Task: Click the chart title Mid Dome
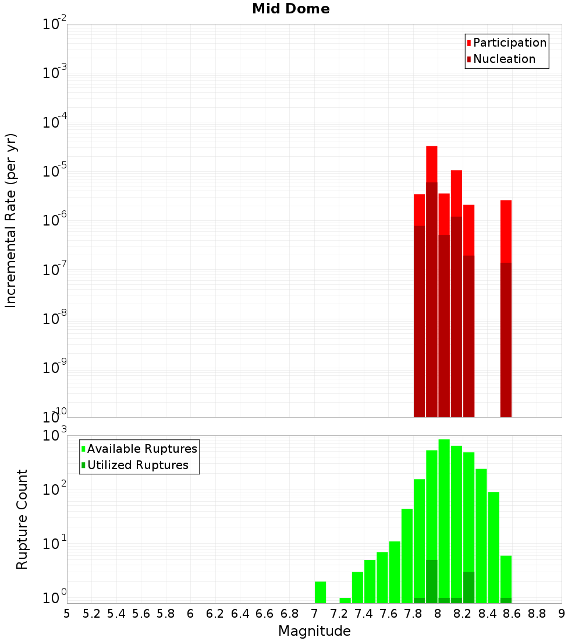coord(290,9)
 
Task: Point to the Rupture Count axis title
coord(22,519)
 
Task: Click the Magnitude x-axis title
coord(314,631)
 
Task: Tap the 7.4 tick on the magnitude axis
coord(364,614)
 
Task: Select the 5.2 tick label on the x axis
coord(91,614)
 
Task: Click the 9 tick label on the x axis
coord(562,614)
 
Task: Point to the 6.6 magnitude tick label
coord(265,614)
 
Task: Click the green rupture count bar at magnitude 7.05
coord(320,592)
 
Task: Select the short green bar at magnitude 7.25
coord(345,600)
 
